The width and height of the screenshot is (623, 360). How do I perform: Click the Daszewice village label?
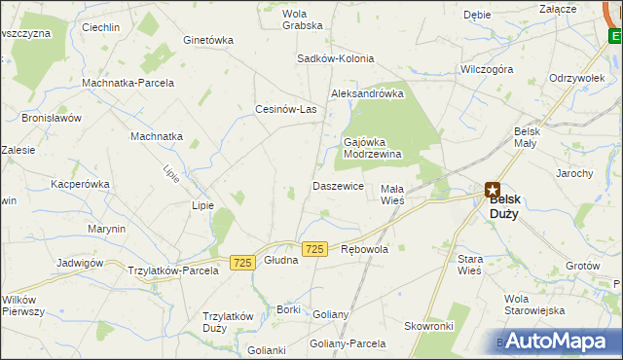[338, 185]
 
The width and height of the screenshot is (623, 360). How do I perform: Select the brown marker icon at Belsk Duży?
[493, 191]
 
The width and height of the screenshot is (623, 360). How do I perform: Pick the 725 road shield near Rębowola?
[313, 250]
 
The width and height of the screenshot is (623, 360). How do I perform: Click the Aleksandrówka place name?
[367, 93]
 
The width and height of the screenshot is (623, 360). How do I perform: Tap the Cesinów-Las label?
[286, 109]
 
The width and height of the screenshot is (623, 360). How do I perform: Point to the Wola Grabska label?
[302, 19]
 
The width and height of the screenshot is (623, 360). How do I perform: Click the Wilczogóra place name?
[487, 70]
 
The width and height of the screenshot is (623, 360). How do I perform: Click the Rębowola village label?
[365, 249]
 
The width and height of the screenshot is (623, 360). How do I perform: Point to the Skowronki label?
[430, 327]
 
